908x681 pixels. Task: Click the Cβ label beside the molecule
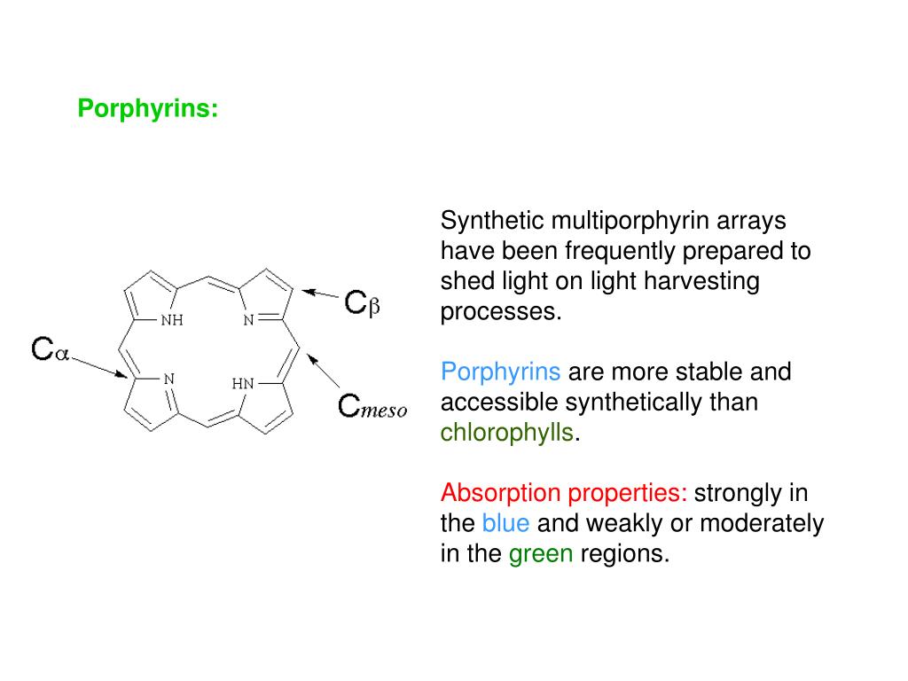tap(362, 303)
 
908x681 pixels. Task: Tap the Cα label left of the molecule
tap(50, 349)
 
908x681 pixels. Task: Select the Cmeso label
tap(372, 407)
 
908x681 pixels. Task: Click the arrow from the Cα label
tap(99, 367)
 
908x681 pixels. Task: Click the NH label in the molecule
tap(171, 321)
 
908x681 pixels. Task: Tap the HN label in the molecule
tap(242, 384)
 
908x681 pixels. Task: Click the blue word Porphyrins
tap(501, 372)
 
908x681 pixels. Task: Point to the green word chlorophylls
tap(507, 434)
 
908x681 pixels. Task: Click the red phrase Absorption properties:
tap(564, 493)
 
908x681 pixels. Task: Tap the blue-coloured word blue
tap(505, 524)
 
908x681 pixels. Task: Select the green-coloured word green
tap(541, 555)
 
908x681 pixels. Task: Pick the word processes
tap(501, 313)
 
